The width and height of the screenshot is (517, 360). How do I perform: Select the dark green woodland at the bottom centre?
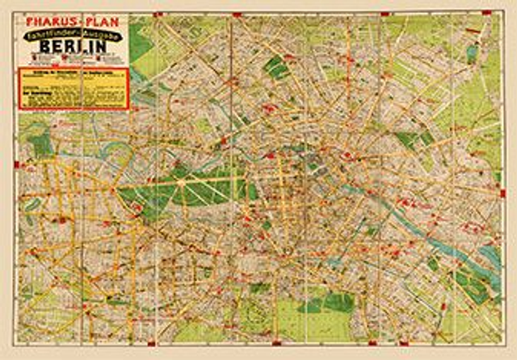click(328, 303)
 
